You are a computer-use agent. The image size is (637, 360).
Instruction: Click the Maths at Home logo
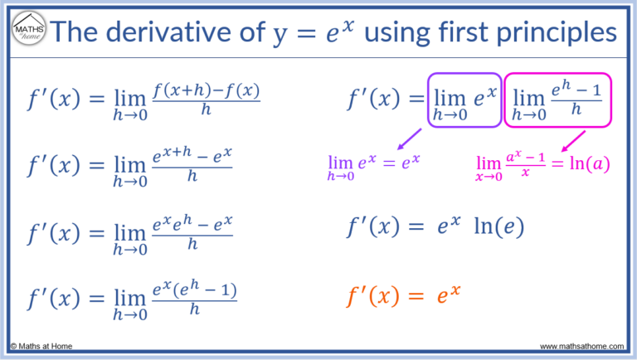click(28, 32)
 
